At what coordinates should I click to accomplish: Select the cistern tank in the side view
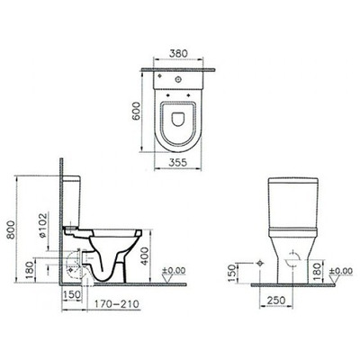point(76,202)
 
